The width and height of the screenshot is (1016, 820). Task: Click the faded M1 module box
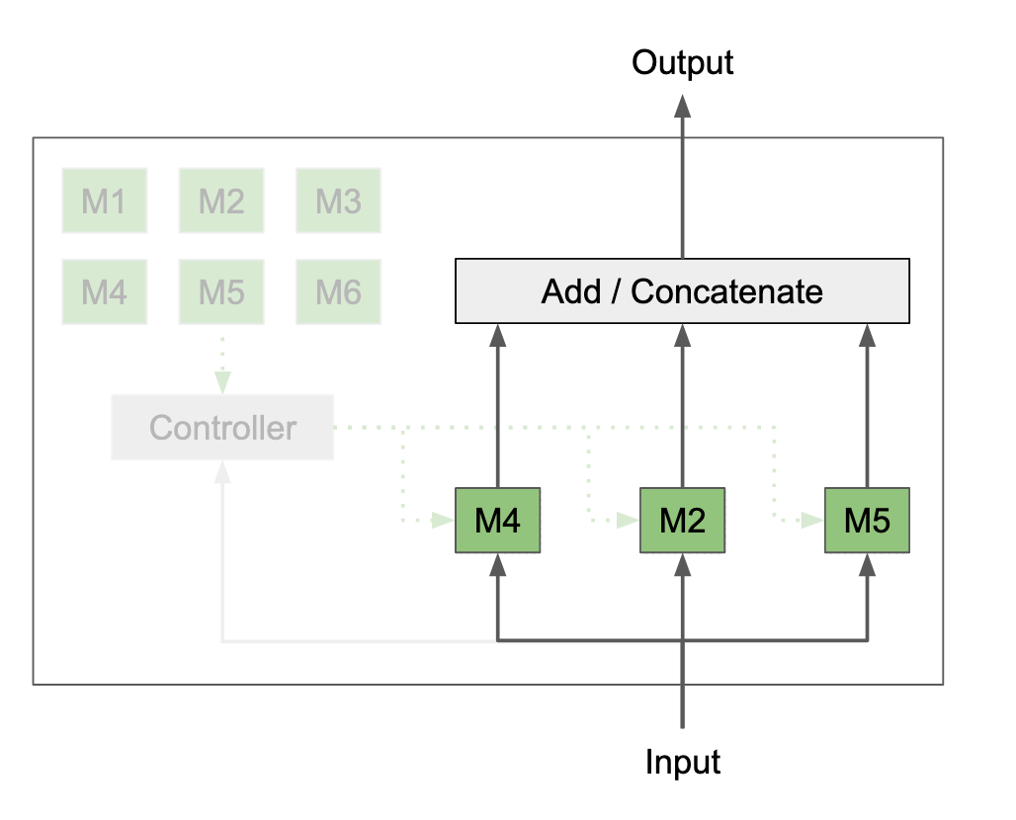(x=104, y=201)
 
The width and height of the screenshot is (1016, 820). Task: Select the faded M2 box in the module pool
(x=221, y=201)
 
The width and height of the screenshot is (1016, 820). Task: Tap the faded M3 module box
(x=338, y=201)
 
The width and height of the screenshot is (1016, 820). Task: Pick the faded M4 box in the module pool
(x=104, y=291)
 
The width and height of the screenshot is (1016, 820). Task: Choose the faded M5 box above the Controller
(x=221, y=291)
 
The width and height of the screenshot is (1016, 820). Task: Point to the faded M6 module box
(x=338, y=291)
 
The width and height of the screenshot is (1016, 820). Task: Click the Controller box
(x=222, y=428)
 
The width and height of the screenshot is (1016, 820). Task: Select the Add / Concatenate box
(x=682, y=291)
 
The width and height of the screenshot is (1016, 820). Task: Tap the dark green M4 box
(x=497, y=520)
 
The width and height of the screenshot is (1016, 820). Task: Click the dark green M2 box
(x=682, y=520)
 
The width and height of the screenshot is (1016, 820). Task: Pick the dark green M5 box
(x=867, y=520)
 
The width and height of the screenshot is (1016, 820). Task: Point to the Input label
(x=683, y=763)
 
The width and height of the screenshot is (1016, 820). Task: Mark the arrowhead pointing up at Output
(x=682, y=106)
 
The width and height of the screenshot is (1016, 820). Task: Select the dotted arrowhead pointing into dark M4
(x=441, y=520)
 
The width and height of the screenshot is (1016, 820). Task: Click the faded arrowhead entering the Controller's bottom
(x=222, y=472)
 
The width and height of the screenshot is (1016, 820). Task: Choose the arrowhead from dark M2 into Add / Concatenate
(x=682, y=336)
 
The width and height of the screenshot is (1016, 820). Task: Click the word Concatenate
(x=726, y=291)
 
